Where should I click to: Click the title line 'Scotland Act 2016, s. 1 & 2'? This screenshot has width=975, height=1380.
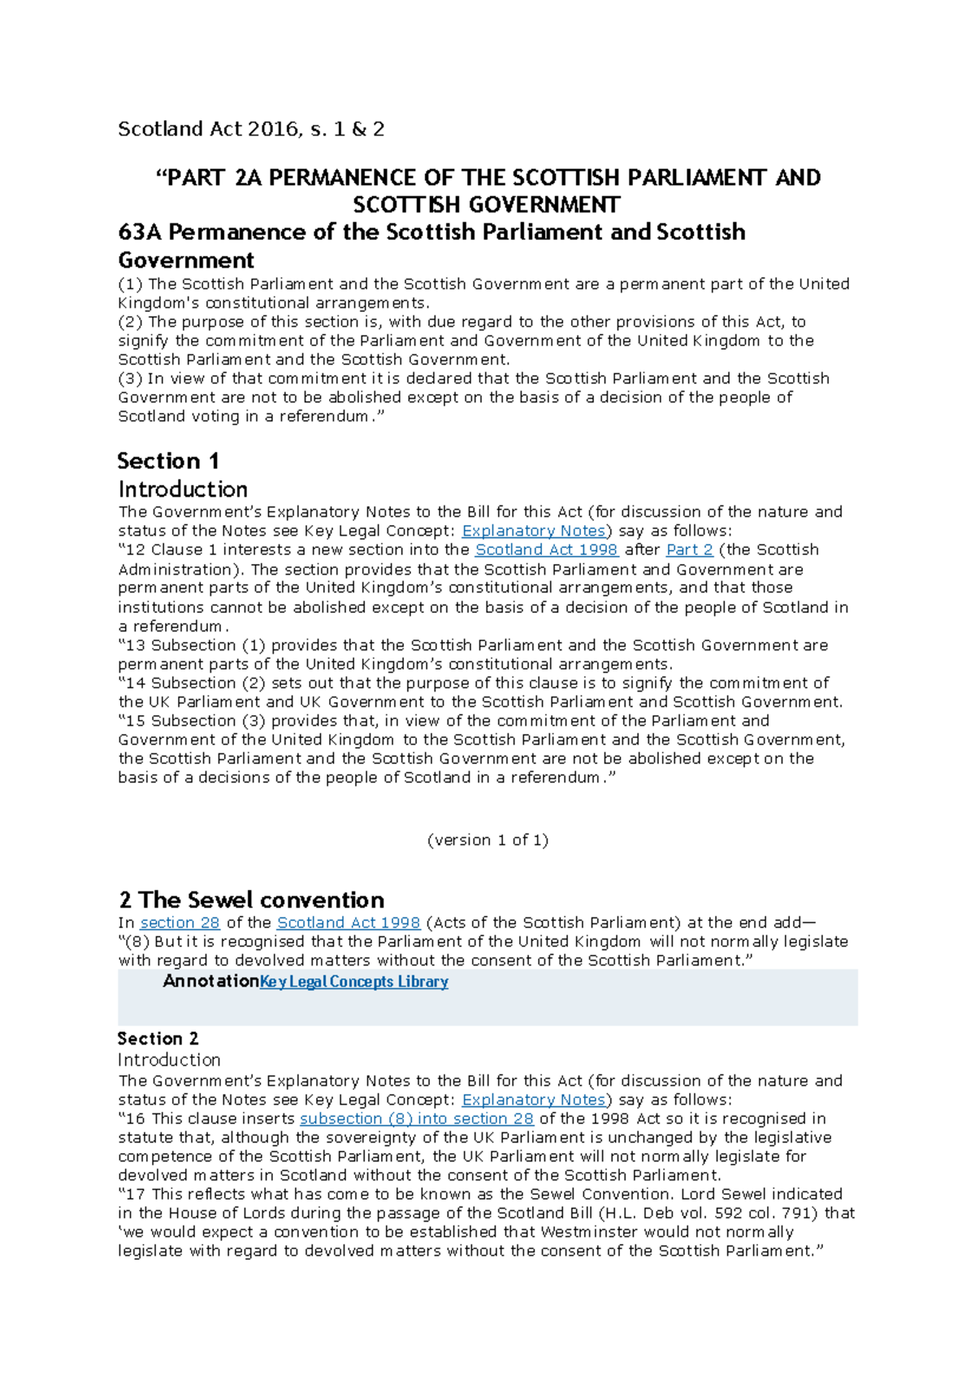pyautogui.click(x=251, y=129)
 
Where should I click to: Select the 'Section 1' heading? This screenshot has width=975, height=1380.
pyautogui.click(x=168, y=461)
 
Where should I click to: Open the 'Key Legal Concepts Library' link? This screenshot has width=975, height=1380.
pyautogui.click(x=353, y=982)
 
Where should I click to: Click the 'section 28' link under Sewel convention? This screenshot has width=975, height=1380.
pyautogui.click(x=180, y=923)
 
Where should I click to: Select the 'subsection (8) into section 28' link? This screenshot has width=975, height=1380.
pyautogui.click(x=416, y=1119)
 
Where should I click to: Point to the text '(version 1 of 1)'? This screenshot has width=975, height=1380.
pyautogui.click(x=487, y=840)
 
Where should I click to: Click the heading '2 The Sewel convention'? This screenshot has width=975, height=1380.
pyautogui.click(x=251, y=900)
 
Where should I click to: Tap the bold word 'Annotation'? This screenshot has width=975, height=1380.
pyautogui.click(x=210, y=982)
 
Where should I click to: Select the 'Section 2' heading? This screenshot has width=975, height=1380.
pyautogui.click(x=158, y=1039)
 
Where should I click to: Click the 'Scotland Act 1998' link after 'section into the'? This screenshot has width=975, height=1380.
pyautogui.click(x=546, y=550)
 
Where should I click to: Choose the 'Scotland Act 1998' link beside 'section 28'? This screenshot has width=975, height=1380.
pyautogui.click(x=348, y=923)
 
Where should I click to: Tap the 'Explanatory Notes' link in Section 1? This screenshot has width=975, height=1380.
pyautogui.click(x=533, y=532)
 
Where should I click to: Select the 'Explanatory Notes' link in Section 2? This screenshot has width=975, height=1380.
pyautogui.click(x=533, y=1100)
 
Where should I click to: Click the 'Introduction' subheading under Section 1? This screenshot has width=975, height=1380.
pyautogui.click(x=183, y=489)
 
